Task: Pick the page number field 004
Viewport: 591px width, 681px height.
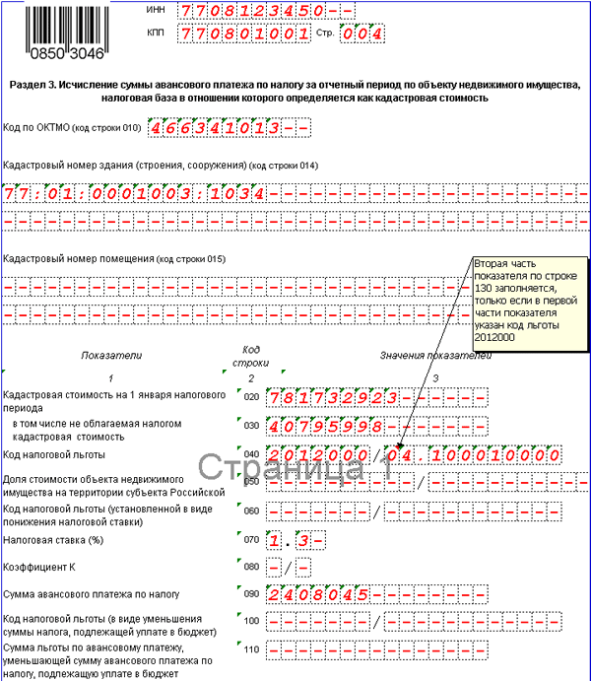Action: click(361, 34)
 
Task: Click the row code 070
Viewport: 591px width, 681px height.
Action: click(250, 540)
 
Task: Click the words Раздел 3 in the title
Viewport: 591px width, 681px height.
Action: click(32, 86)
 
